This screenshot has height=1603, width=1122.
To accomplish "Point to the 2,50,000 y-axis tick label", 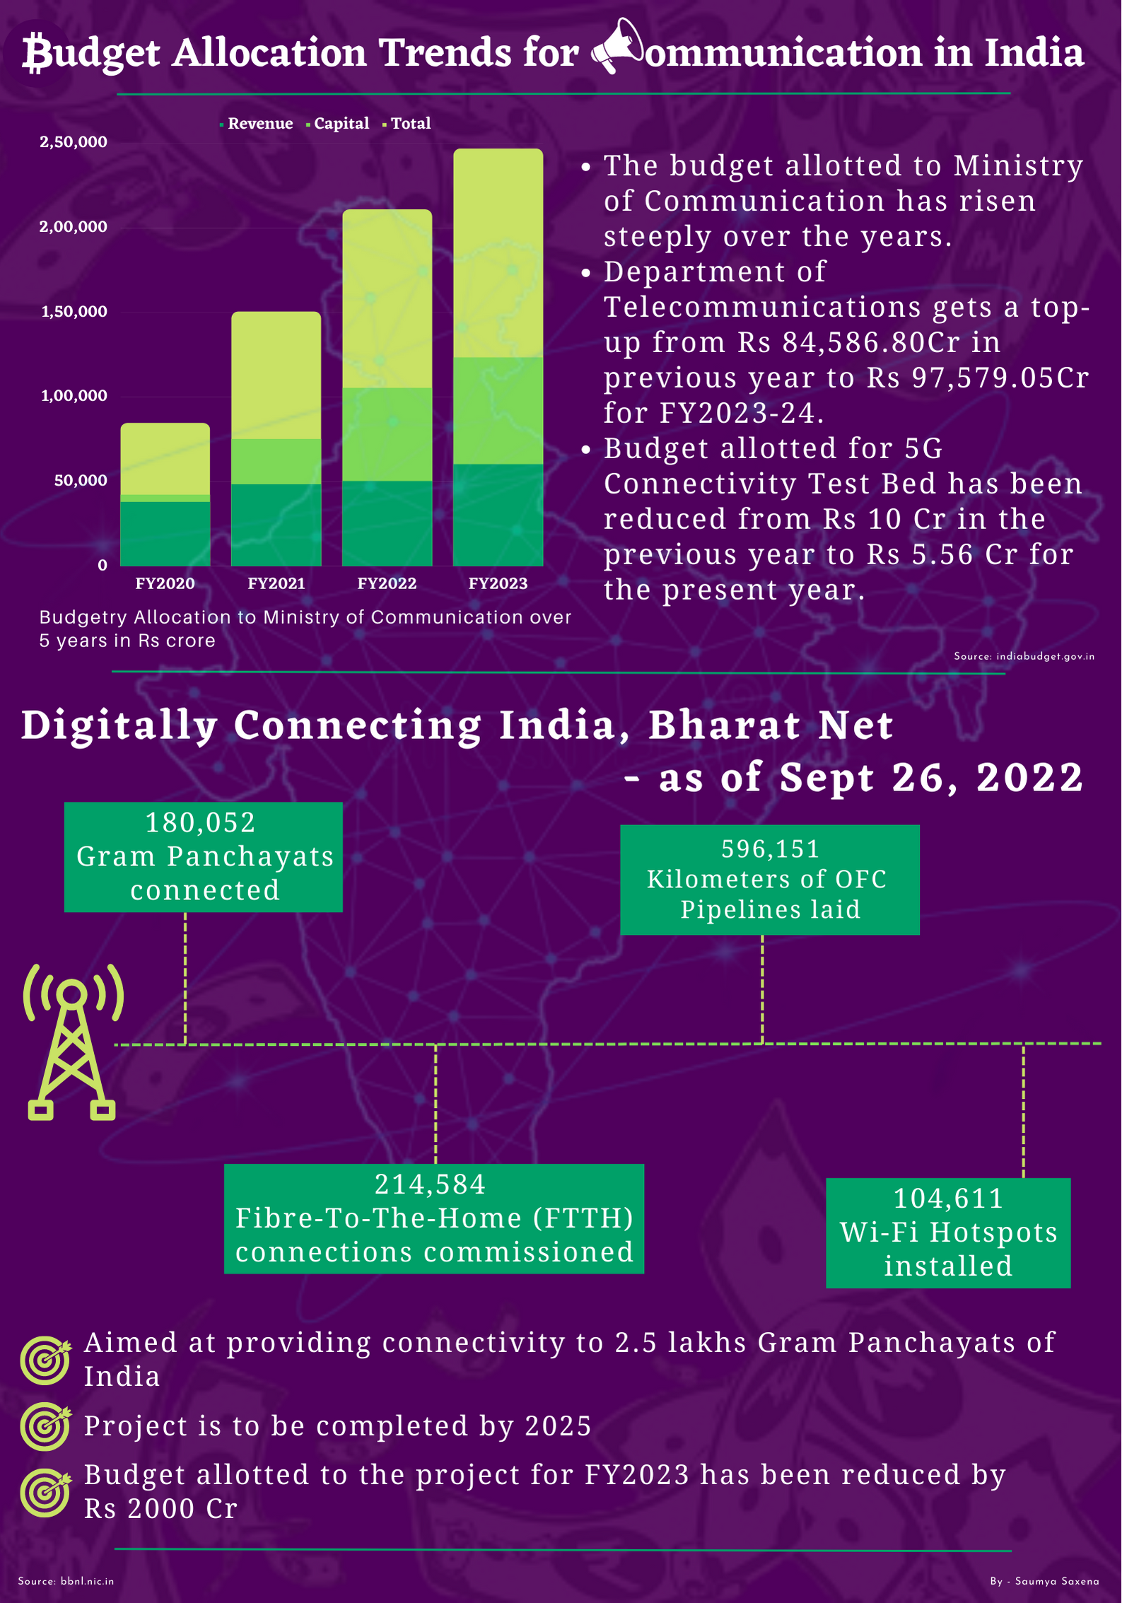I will (x=74, y=142).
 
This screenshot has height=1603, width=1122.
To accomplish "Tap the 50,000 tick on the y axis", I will (x=81, y=481).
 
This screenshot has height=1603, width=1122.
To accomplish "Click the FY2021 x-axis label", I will (x=276, y=584).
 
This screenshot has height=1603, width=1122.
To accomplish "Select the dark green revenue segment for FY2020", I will (x=165, y=533).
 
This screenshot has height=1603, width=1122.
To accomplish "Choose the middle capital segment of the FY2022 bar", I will (x=387, y=434).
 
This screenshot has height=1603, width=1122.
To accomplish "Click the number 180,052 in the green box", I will (x=201, y=823).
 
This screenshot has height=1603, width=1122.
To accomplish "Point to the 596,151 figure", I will (x=770, y=849).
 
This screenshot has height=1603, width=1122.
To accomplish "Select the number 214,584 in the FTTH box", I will (x=431, y=1184).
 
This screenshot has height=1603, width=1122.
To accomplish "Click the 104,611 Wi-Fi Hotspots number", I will (x=948, y=1199).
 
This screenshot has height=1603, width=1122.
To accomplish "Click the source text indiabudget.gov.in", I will (x=1024, y=657).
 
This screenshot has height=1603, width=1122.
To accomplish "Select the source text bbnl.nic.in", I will (x=66, y=1581).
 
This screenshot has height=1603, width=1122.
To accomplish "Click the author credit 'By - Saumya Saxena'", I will (x=1044, y=1581).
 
